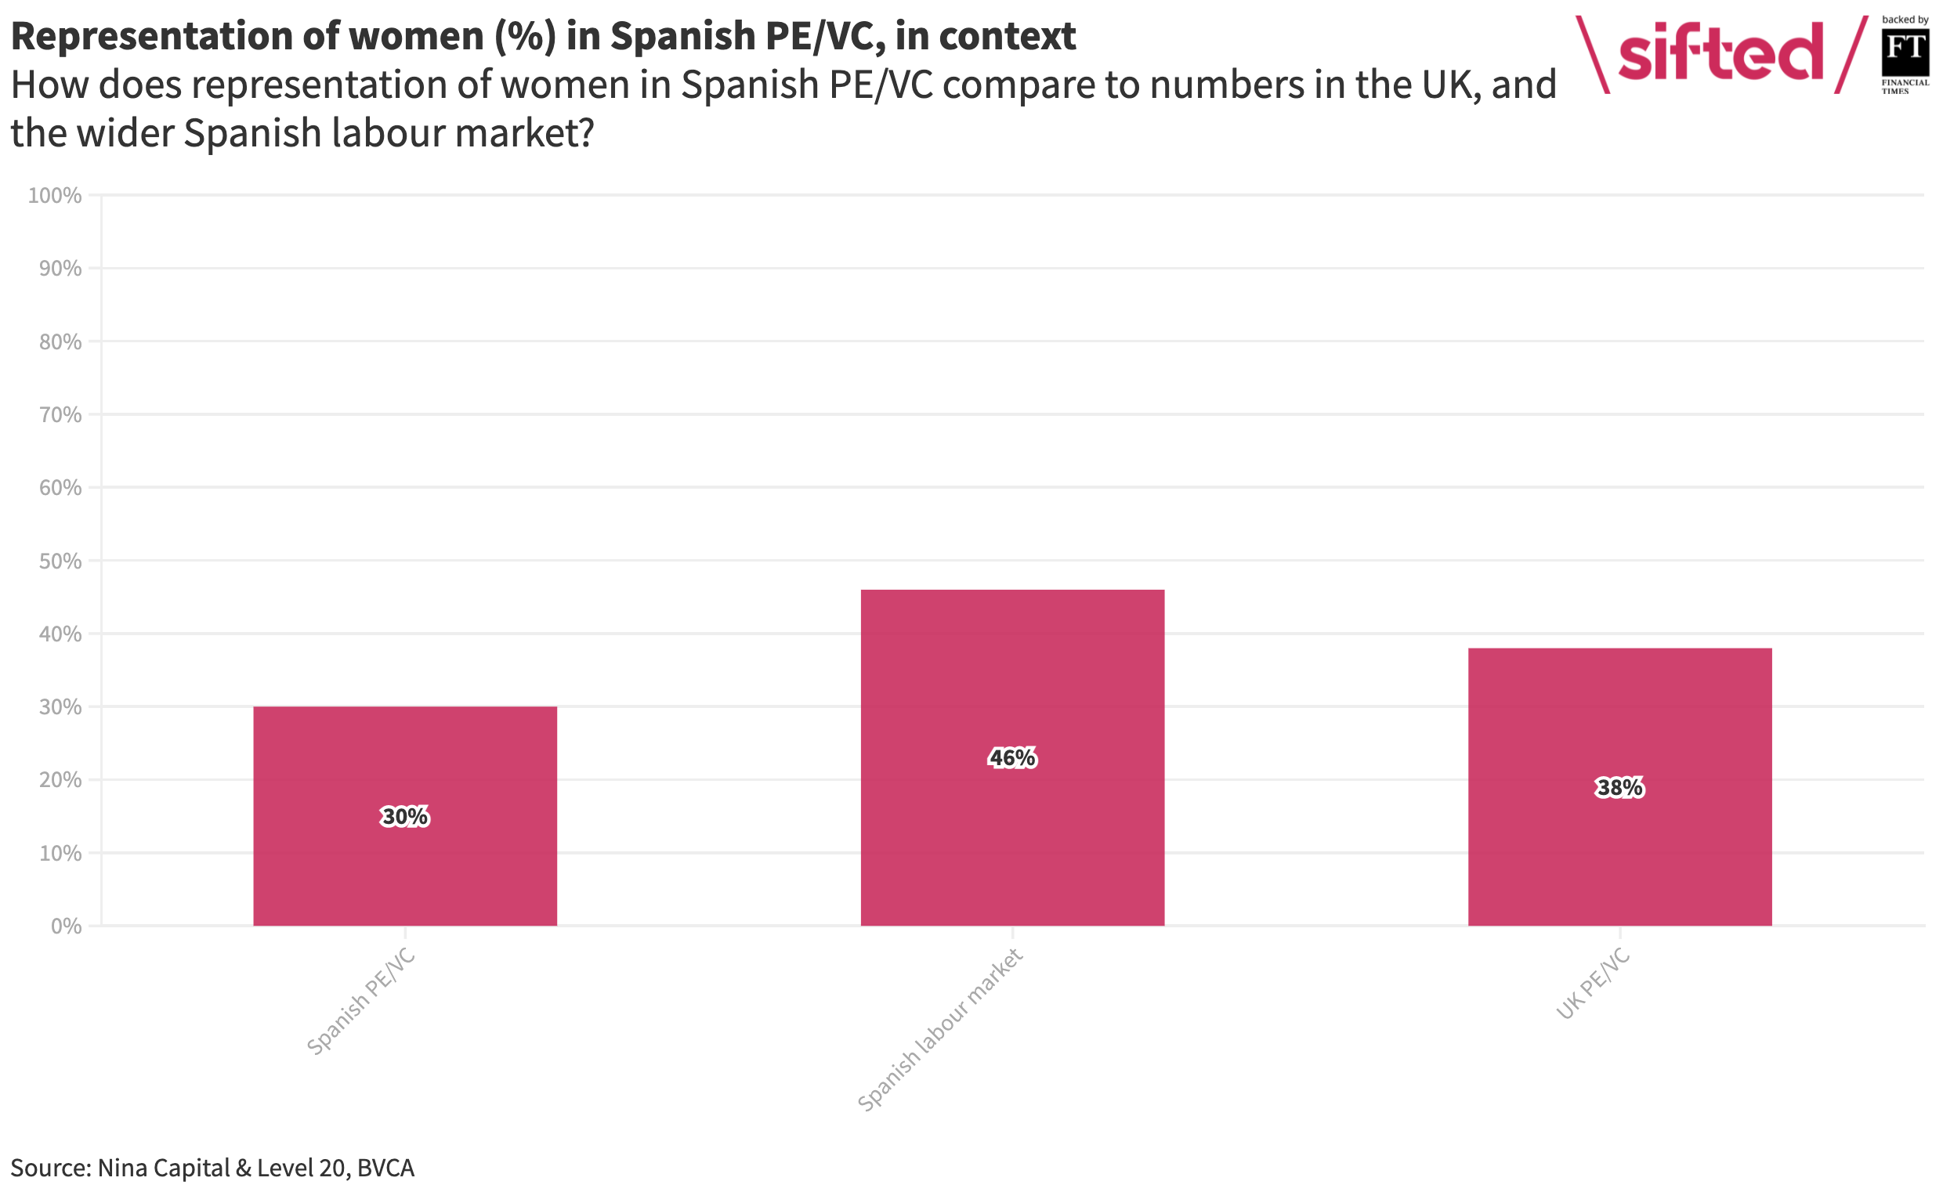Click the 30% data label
coord(404,817)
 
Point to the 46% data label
coord(1011,757)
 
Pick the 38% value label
coord(1619,788)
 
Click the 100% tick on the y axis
coord(54,196)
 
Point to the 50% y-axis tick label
coord(60,562)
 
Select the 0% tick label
coord(66,927)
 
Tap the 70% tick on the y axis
coord(60,414)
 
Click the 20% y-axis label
coord(60,780)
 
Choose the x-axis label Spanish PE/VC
coord(361,1001)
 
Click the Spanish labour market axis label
coord(940,1030)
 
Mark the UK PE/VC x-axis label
coord(1592,983)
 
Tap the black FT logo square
coord(1905,52)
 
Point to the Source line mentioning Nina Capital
coord(212,1168)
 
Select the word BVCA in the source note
coord(385,1168)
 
